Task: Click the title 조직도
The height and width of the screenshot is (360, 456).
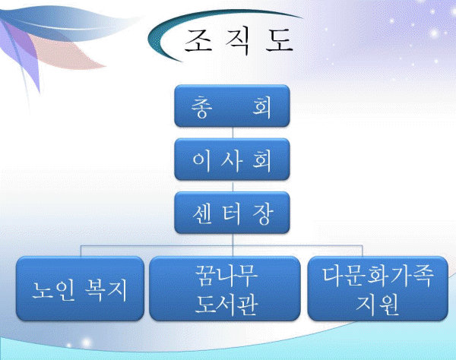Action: pos(239,41)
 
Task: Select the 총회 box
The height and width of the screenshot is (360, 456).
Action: pos(232,106)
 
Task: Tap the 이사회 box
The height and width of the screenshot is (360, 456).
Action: pos(232,159)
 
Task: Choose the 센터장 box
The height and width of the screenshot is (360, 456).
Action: pos(232,213)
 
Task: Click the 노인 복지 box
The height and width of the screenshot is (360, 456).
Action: pos(81,289)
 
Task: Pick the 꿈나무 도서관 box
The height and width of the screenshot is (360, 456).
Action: pos(225,289)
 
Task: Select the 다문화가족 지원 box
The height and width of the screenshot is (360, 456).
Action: pos(378,289)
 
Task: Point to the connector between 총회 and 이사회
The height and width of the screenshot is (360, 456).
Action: pos(233,132)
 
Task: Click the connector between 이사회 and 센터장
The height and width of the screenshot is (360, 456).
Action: pos(233,186)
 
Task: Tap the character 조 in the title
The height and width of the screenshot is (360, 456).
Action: pos(198,40)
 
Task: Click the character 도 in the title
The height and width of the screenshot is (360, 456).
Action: pos(279,40)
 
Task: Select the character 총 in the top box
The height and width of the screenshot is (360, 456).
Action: pos(201,107)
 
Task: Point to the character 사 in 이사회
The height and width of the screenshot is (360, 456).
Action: pos(232,160)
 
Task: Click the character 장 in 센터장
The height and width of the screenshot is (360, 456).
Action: pos(263,214)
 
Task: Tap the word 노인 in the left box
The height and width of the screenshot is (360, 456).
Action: pos(53,290)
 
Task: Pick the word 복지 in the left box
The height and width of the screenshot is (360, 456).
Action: pos(106,290)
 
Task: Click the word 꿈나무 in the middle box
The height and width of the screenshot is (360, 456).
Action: pos(226,275)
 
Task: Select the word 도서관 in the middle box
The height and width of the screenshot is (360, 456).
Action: pos(226,305)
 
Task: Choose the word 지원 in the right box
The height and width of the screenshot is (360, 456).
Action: pos(377,305)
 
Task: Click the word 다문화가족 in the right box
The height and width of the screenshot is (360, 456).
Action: pos(378,275)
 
